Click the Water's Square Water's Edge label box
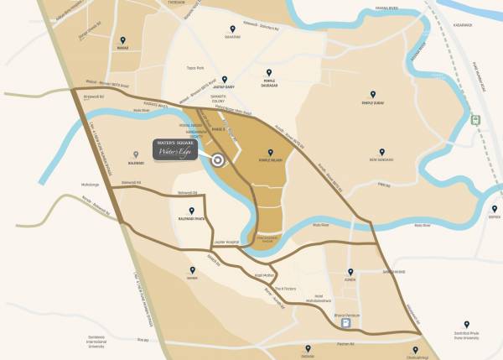click(175, 149)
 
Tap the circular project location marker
click(218, 161)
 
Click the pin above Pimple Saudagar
click(269, 73)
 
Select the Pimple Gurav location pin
click(373, 94)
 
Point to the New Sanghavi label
click(381, 159)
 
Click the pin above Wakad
click(122, 40)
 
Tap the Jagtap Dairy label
click(224, 86)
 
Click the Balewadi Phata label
click(192, 221)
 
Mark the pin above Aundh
click(350, 272)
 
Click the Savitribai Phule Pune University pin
click(467, 325)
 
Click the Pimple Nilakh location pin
click(269, 151)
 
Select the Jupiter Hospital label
click(226, 242)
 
